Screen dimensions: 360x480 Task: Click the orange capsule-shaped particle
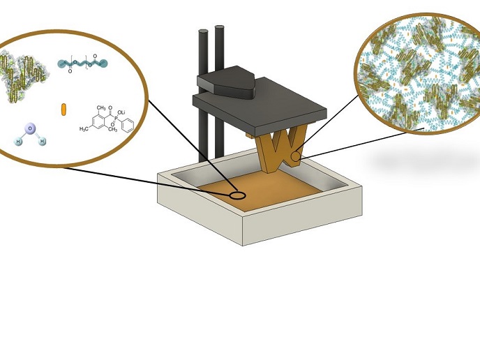pyautogui.click(x=63, y=109)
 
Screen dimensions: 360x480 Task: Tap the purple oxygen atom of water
pyautogui.click(x=29, y=128)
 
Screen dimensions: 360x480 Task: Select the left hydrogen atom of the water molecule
pyautogui.click(x=19, y=141)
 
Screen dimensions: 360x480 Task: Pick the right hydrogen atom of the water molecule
pyautogui.click(x=42, y=141)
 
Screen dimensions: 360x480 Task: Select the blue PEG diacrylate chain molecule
pyautogui.click(x=84, y=65)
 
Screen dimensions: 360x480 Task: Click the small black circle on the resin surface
pyautogui.click(x=238, y=195)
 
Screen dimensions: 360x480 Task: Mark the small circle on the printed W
pyautogui.click(x=297, y=157)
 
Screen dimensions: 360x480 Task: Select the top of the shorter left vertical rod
pyautogui.click(x=204, y=32)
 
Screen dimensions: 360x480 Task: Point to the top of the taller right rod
pyautogui.click(x=220, y=28)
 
